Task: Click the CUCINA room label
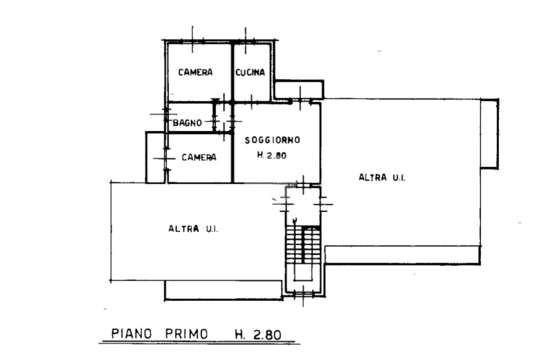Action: pyautogui.click(x=250, y=73)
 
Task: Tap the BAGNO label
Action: pyautogui.click(x=188, y=123)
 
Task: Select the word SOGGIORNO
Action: pyautogui.click(x=272, y=140)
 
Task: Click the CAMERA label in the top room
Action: pyautogui.click(x=195, y=72)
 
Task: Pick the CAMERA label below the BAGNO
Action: pyautogui.click(x=199, y=157)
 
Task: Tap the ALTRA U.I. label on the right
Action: pyautogui.click(x=381, y=178)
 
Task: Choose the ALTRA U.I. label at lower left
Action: pyautogui.click(x=193, y=229)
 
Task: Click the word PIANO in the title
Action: pyautogui.click(x=132, y=334)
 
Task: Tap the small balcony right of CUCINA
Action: pyautogui.click(x=299, y=89)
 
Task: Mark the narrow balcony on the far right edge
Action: pyautogui.click(x=489, y=134)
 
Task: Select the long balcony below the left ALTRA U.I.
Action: pyautogui.click(x=223, y=290)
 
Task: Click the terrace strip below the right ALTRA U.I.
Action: pyautogui.click(x=402, y=255)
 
